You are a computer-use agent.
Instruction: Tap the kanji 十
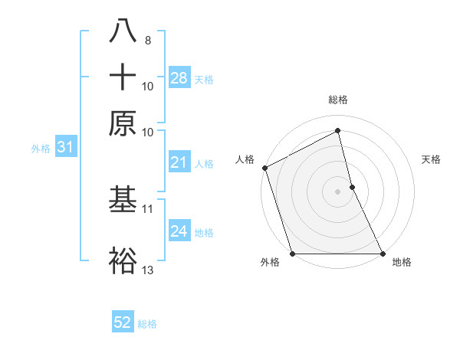pyautogui.click(x=123, y=78)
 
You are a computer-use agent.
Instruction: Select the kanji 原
pyautogui.click(x=123, y=123)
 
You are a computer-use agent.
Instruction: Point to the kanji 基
pyautogui.click(x=123, y=200)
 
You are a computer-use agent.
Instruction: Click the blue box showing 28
pyautogui.click(x=179, y=78)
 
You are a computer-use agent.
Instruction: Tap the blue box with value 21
pyautogui.click(x=179, y=162)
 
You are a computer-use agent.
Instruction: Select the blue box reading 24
pyautogui.click(x=179, y=232)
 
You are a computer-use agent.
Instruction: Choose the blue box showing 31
pyautogui.click(x=64, y=148)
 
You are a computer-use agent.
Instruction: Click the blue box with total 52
pyautogui.click(x=123, y=322)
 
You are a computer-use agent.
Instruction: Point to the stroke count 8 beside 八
pyautogui.click(x=147, y=39)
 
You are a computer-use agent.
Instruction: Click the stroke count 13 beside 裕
pyautogui.click(x=148, y=270)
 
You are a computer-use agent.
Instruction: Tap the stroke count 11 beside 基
pyautogui.click(x=148, y=208)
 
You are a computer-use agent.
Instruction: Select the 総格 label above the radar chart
pyautogui.click(x=337, y=100)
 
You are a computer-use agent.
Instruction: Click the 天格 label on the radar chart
pyautogui.click(x=432, y=159)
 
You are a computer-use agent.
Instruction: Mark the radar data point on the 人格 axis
pyautogui.click(x=264, y=168)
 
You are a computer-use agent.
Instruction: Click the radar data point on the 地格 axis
pyautogui.click(x=383, y=254)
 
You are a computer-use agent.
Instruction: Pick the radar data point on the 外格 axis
pyautogui.click(x=292, y=254)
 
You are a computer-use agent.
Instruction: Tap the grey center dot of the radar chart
pyautogui.click(x=337, y=191)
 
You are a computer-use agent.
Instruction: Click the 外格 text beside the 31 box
pyautogui.click(x=40, y=149)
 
